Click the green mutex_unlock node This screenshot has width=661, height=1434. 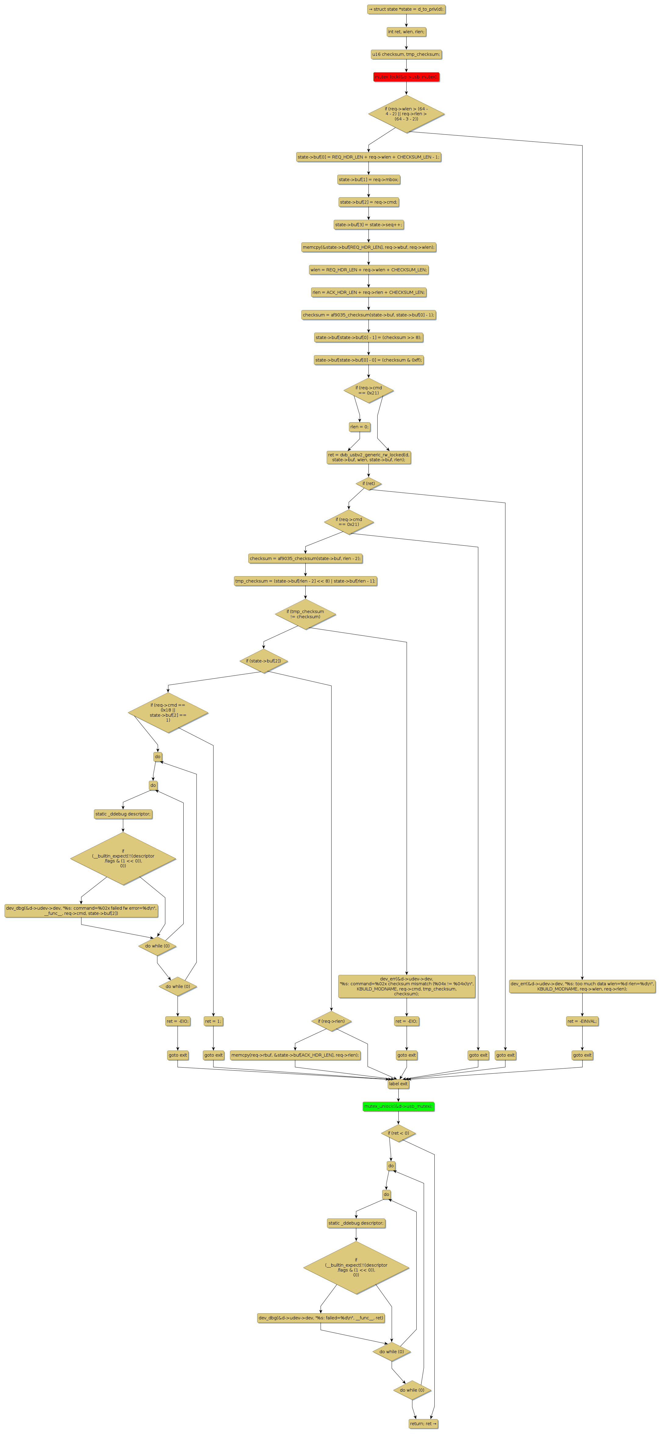398,1106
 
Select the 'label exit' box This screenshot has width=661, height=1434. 398,1084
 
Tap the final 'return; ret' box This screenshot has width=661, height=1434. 423,1423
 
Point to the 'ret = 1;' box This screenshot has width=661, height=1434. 213,1021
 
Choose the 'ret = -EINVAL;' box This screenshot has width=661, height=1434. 582,1021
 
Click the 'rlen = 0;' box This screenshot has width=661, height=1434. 359,427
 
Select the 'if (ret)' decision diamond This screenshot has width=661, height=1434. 369,483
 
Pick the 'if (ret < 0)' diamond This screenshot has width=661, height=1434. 398,1133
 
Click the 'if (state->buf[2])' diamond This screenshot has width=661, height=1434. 264,661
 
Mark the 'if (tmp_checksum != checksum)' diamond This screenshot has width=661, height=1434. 305,614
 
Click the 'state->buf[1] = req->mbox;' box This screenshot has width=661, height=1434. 369,179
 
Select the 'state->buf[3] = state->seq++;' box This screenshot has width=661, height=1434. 369,224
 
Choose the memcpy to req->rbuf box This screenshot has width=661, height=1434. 295,1055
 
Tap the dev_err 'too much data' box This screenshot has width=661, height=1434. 582,986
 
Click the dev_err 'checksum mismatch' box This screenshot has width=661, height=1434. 407,986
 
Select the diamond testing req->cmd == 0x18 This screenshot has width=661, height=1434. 168,712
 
